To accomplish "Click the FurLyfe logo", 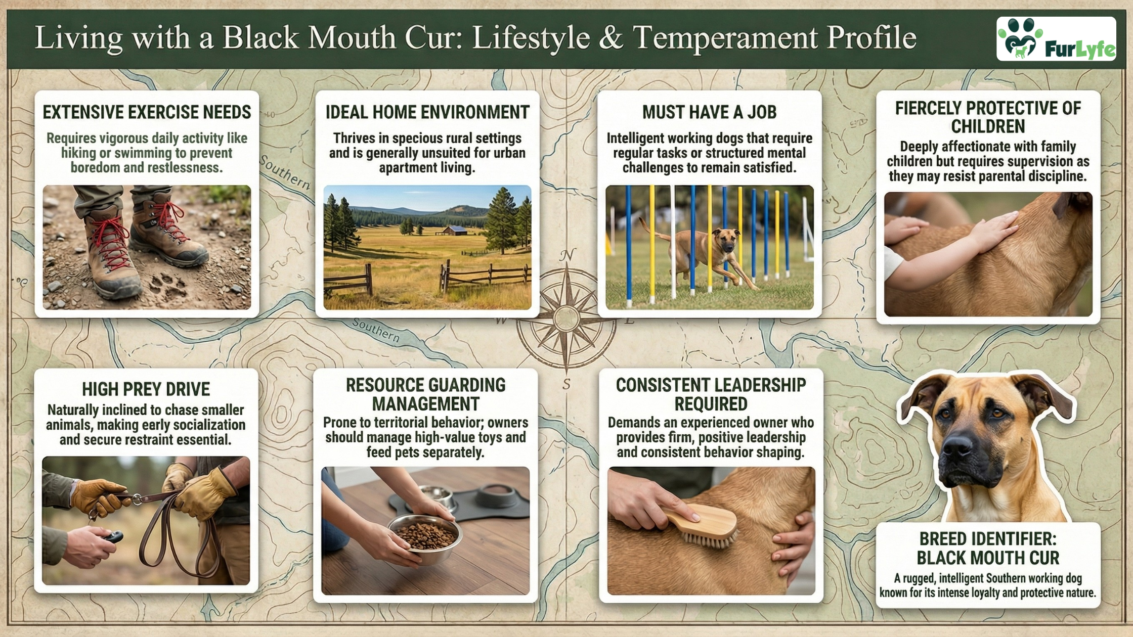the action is (x=1056, y=39).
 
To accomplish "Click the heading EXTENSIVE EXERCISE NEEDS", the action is (x=147, y=112).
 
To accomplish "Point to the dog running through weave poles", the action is (x=698, y=253).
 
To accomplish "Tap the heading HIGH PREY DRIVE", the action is (x=146, y=389).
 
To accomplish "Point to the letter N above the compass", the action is (x=567, y=255).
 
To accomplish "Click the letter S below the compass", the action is (x=566, y=384).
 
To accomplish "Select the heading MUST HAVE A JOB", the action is (x=709, y=112).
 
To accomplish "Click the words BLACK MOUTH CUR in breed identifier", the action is (x=988, y=558).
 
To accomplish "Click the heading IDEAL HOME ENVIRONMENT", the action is (x=427, y=112).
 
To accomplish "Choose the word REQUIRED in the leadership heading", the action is (x=711, y=404).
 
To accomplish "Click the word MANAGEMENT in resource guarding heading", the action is (x=426, y=404).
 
